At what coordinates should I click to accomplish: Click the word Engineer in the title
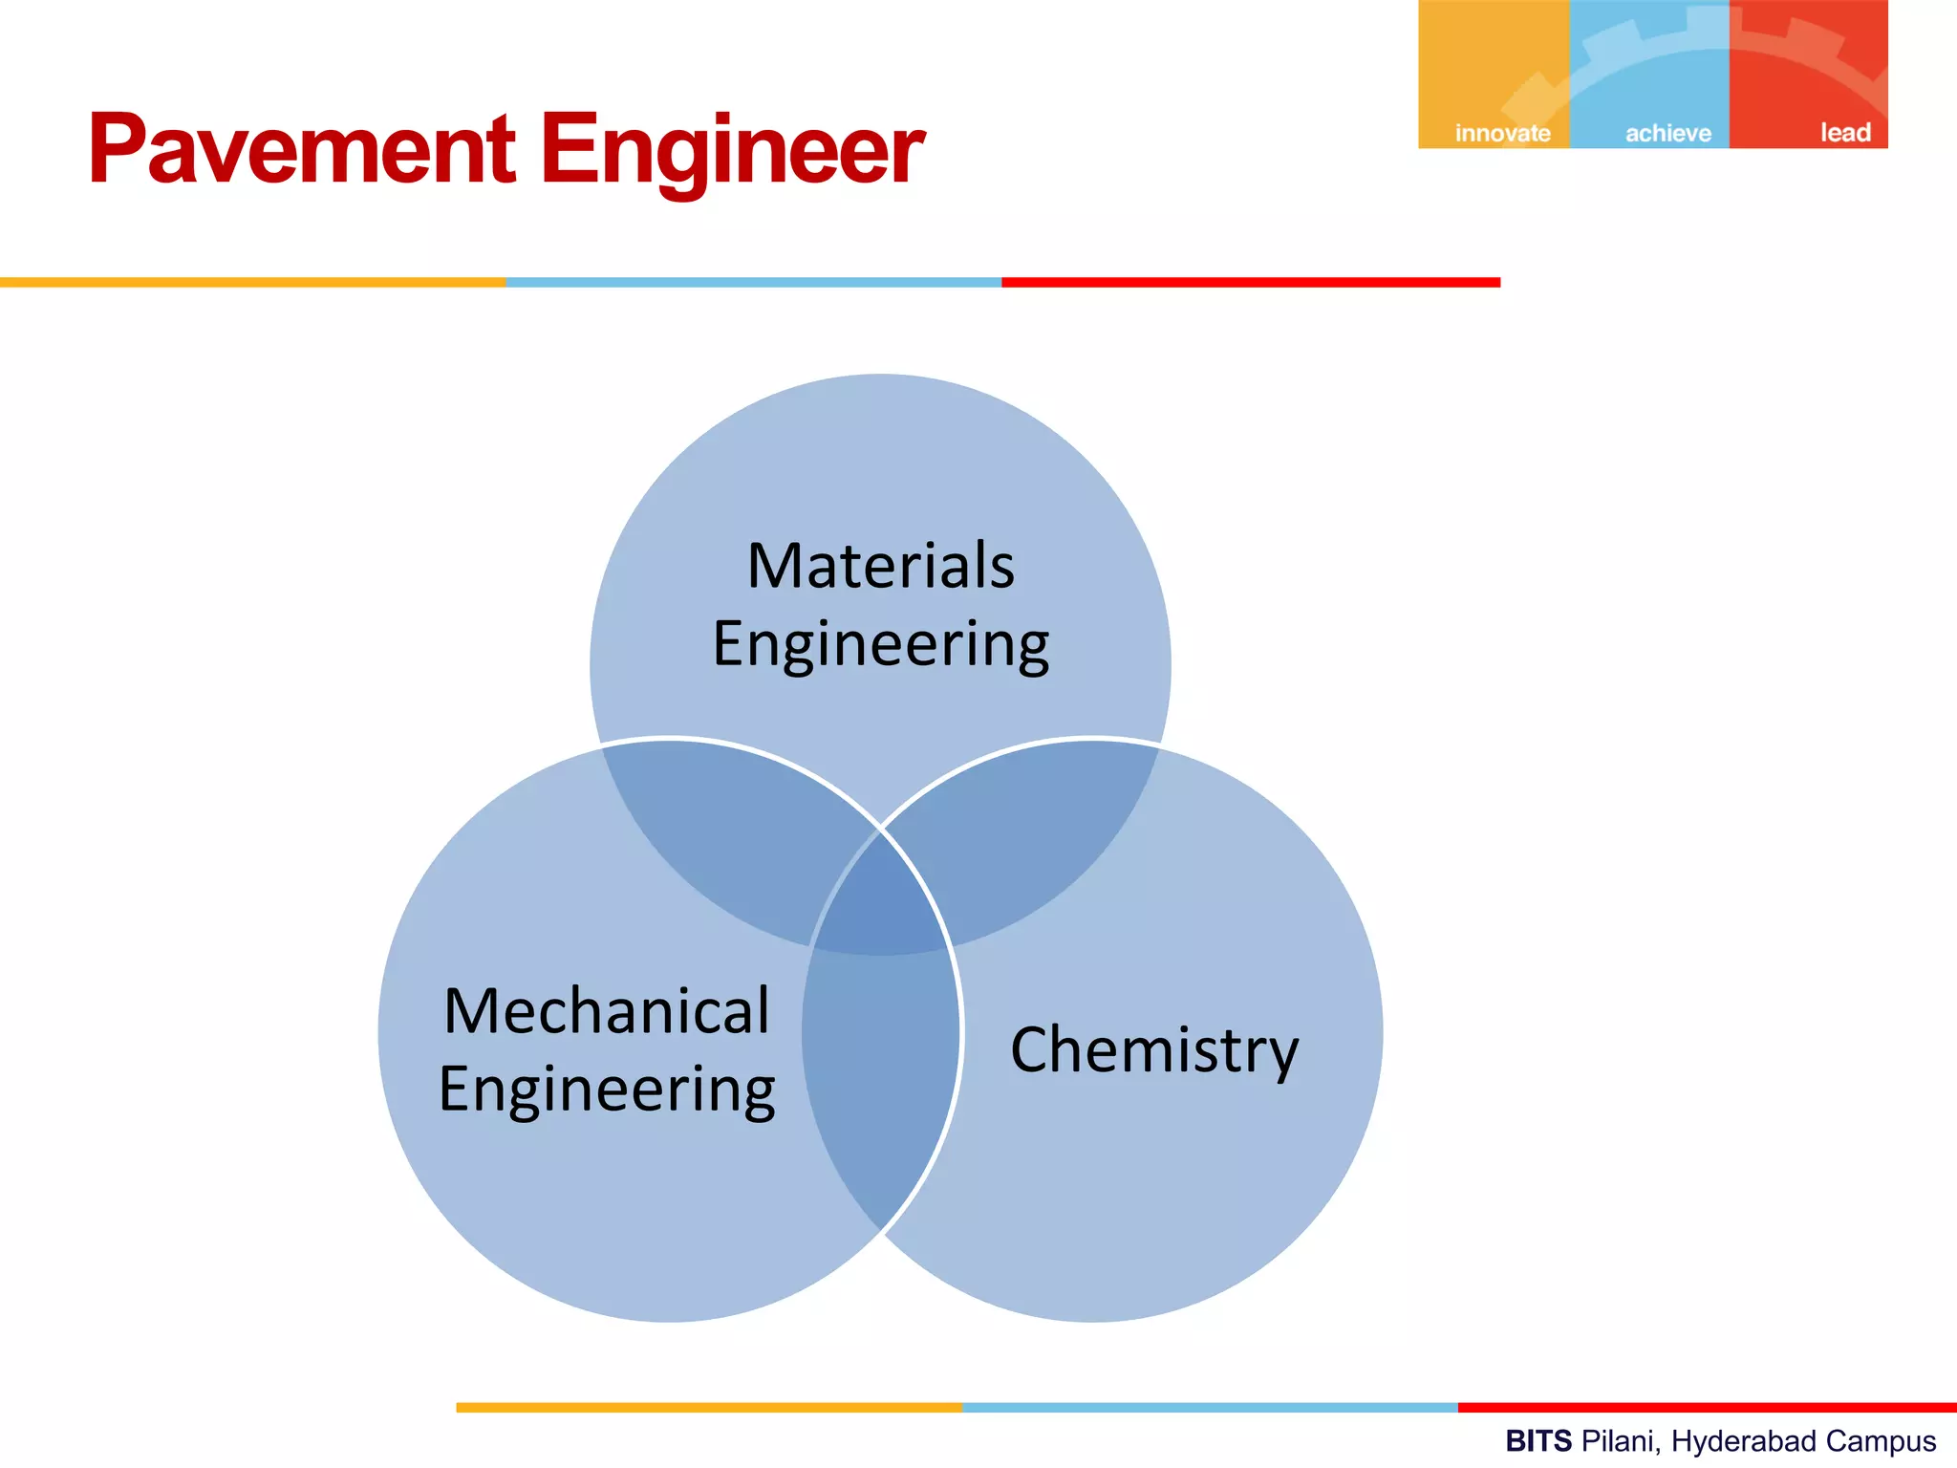tap(733, 151)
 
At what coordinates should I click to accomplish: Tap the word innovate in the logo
tap(1502, 133)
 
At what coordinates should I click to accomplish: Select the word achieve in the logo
tap(1668, 133)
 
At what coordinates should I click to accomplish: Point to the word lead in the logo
tap(1844, 132)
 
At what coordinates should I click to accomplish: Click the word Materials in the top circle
tap(880, 566)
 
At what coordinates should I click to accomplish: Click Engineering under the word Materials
tap(880, 644)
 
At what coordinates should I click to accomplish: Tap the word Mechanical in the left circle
tap(607, 1011)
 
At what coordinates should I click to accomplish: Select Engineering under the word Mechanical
tap(607, 1090)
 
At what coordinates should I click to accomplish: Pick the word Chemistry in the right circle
tap(1154, 1050)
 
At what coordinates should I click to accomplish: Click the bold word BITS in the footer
tap(1538, 1440)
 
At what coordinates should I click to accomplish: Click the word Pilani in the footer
tap(1621, 1440)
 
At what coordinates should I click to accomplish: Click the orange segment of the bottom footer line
tap(708, 1407)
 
